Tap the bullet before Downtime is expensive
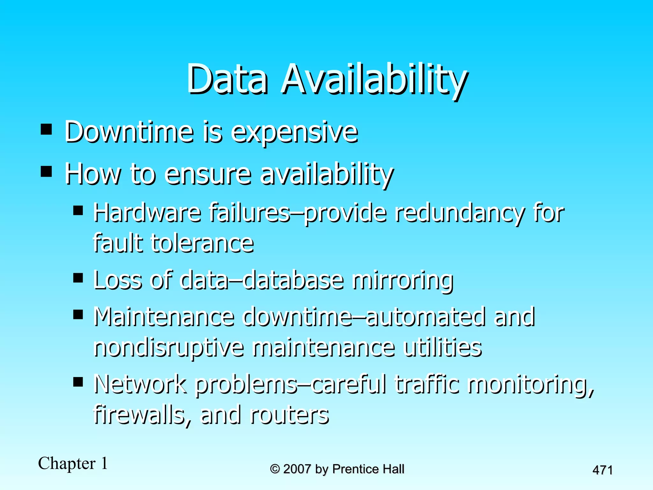[47, 130]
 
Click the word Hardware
[147, 213]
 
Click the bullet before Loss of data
[78, 278]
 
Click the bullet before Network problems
[78, 382]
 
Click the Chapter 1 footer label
[73, 463]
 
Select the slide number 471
[602, 470]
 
